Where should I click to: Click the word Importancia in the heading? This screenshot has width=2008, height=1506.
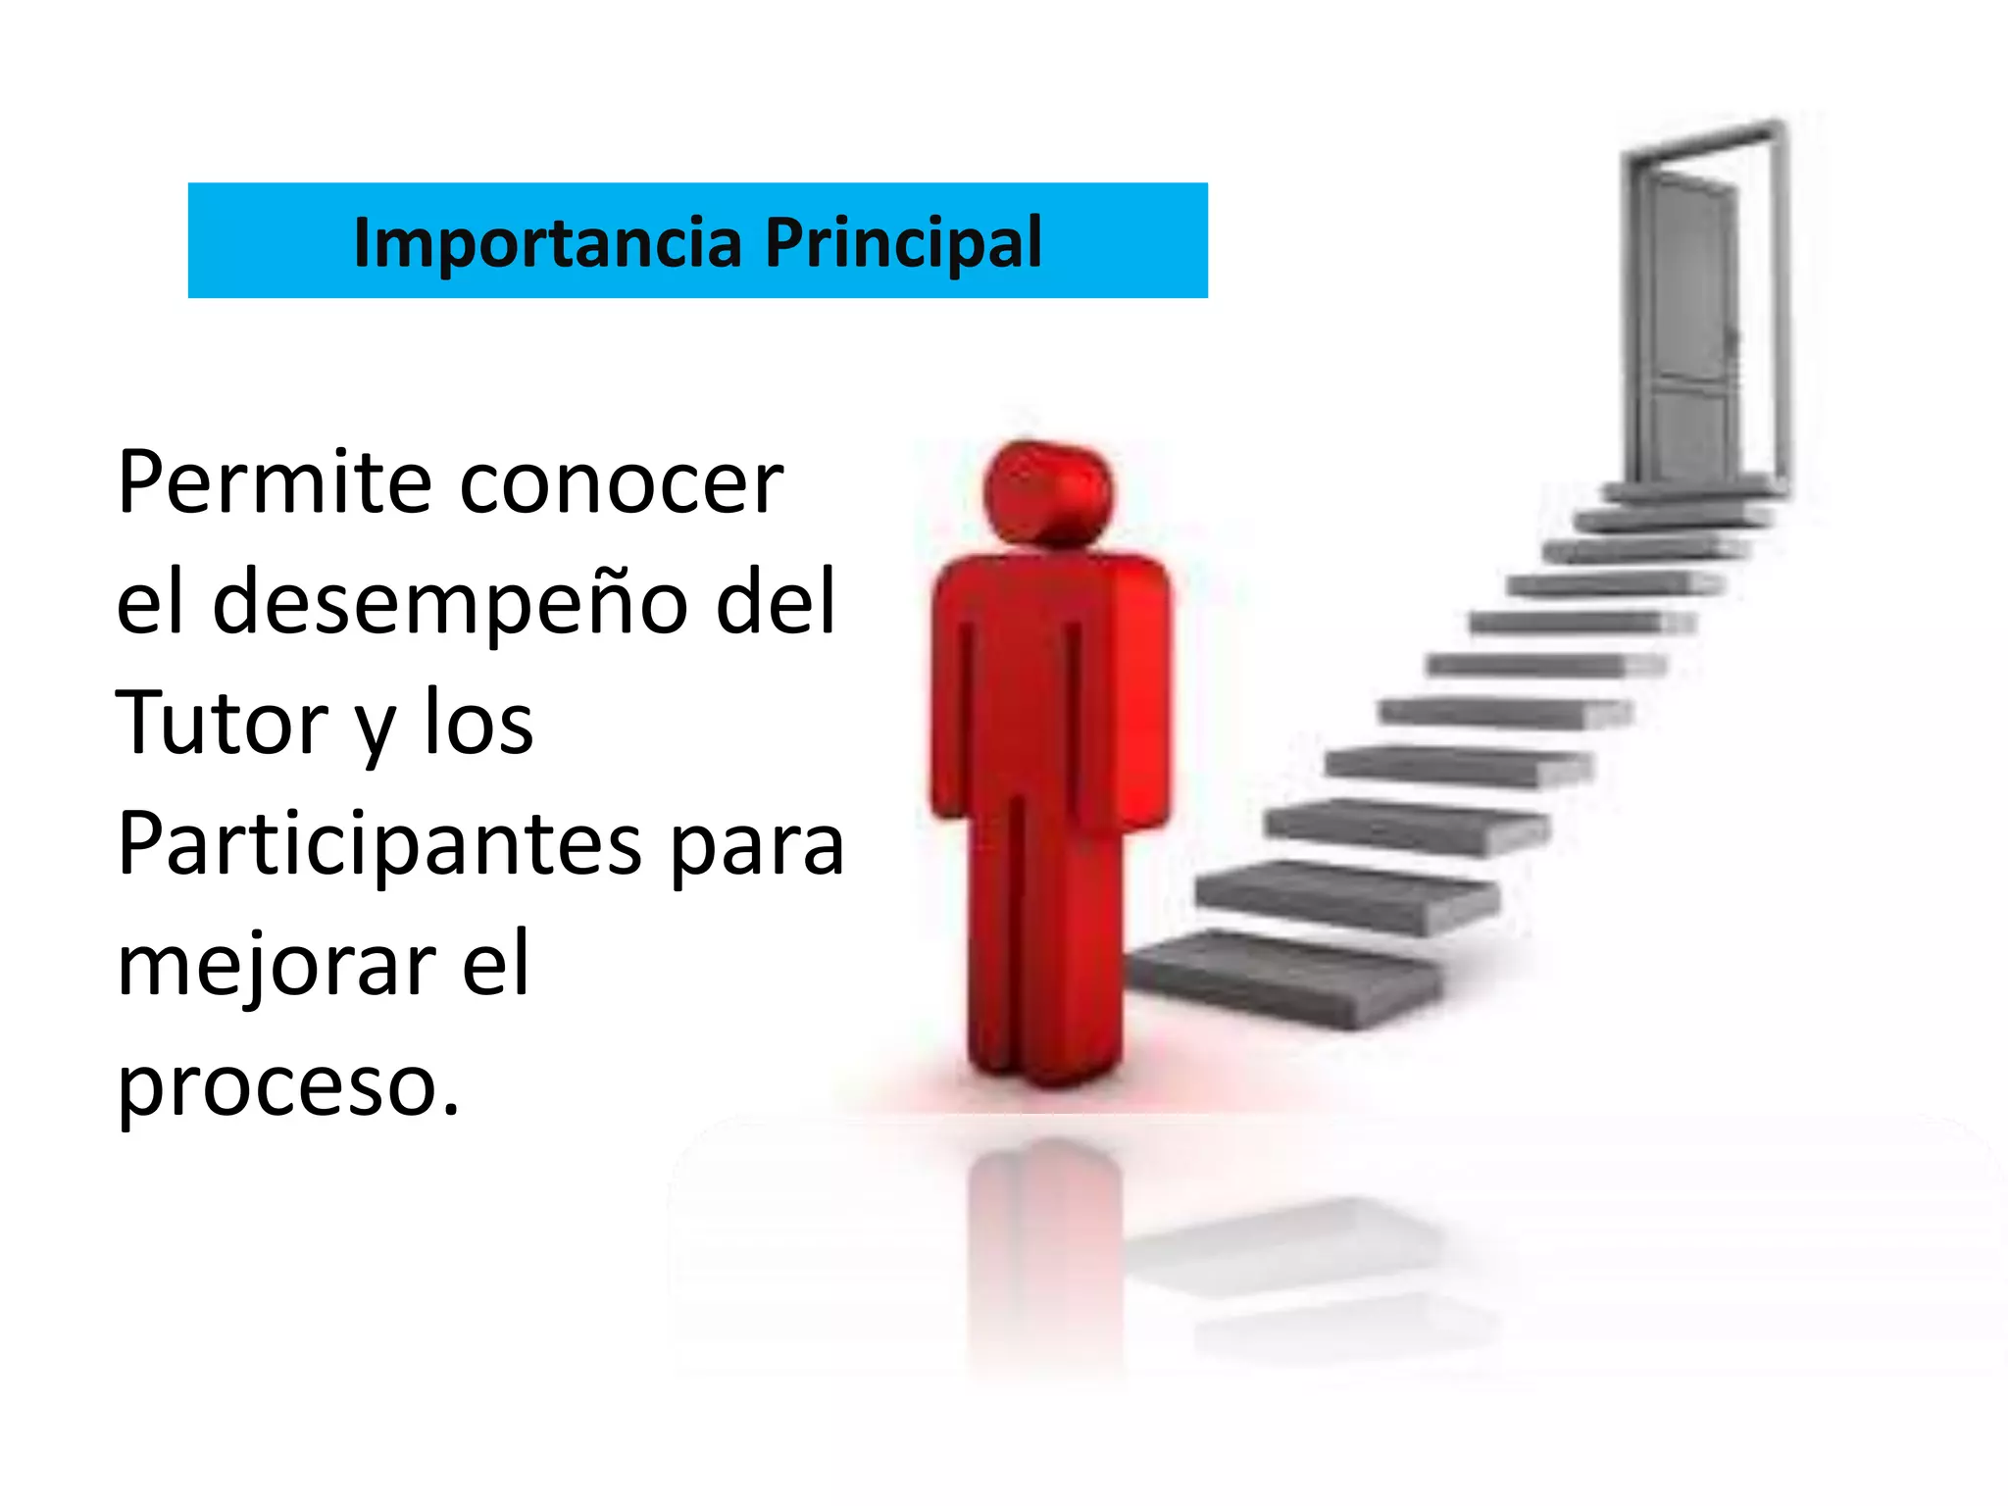click(547, 241)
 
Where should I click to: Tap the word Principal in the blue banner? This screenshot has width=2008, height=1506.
click(903, 241)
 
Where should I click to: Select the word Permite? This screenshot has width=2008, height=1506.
click(274, 482)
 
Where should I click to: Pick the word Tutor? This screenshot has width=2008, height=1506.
click(222, 723)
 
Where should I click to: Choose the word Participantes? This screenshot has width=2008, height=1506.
click(379, 845)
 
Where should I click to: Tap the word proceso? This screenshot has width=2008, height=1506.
click(287, 1086)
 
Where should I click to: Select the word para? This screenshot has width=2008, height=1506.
click(758, 845)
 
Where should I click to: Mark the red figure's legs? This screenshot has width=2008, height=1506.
click(1044, 941)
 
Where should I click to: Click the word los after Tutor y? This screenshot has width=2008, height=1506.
click(478, 723)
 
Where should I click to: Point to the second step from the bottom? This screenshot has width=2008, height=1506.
click(1348, 894)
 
